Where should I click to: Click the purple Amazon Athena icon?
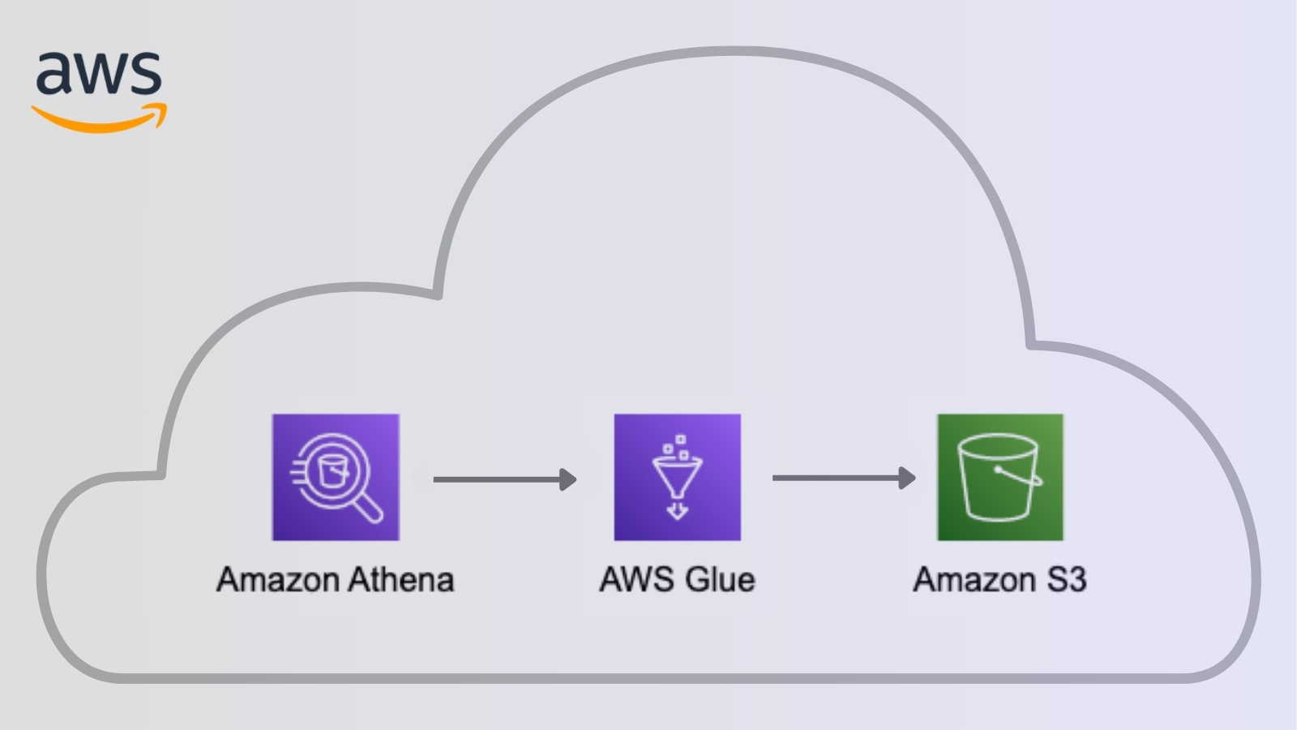(336, 477)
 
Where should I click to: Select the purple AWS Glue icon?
(677, 477)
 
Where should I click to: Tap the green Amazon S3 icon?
(1000, 477)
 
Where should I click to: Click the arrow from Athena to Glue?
(499, 479)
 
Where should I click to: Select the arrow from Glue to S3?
(839, 478)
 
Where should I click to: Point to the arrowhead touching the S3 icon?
(908, 478)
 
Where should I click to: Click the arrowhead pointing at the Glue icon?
(568, 479)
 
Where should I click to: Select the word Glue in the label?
(720, 580)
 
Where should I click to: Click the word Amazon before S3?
(974, 580)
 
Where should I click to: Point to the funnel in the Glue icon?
(677, 476)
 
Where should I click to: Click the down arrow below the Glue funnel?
(677, 511)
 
